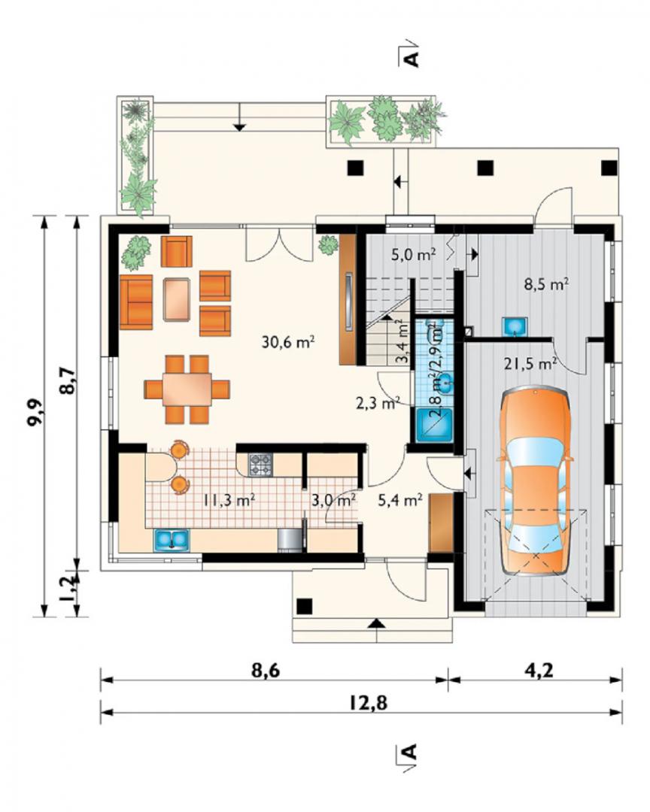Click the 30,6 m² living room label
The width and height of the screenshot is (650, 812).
[288, 342]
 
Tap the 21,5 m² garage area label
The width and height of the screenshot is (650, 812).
[531, 364]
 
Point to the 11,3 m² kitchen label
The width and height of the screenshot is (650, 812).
[229, 500]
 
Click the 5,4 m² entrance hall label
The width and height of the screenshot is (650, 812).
[399, 500]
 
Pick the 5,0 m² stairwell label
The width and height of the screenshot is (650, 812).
[412, 254]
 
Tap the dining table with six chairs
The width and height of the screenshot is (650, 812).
[187, 389]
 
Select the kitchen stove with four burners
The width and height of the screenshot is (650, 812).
[261, 465]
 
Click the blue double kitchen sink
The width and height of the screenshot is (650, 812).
[171, 540]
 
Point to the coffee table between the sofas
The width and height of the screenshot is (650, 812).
[177, 299]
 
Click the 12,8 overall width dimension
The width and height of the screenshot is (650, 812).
[368, 703]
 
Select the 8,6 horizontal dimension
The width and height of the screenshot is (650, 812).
[266, 670]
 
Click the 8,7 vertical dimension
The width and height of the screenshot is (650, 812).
[68, 380]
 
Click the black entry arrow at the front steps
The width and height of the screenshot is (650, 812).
[377, 625]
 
